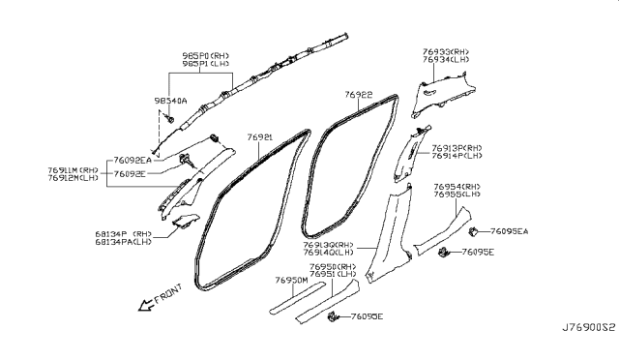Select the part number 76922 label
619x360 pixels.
[x=358, y=96]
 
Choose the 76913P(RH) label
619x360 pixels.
[x=457, y=147]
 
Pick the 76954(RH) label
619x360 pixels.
[x=457, y=186]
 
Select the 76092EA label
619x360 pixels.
[x=131, y=160]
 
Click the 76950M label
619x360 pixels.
[x=290, y=281]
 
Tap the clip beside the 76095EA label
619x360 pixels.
[x=475, y=232]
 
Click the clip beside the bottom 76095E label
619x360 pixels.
[x=335, y=316]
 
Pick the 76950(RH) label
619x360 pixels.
[x=334, y=265]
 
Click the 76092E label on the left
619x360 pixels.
[x=129, y=174]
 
